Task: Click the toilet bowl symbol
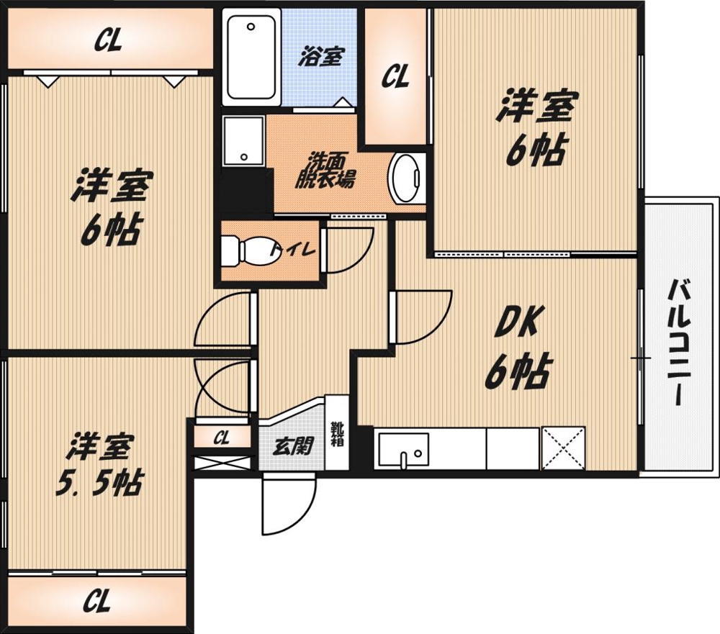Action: pos(251,250)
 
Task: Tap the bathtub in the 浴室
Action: pos(251,57)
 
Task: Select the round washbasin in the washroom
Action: pos(404,178)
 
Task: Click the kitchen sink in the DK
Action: pos(404,450)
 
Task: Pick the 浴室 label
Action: pos(321,57)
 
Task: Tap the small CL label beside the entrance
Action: pos(221,438)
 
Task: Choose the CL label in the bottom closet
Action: pos(97,601)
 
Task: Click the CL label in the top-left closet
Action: pos(108,41)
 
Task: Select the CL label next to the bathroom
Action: pos(395,76)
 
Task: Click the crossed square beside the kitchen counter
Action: pos(564,448)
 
